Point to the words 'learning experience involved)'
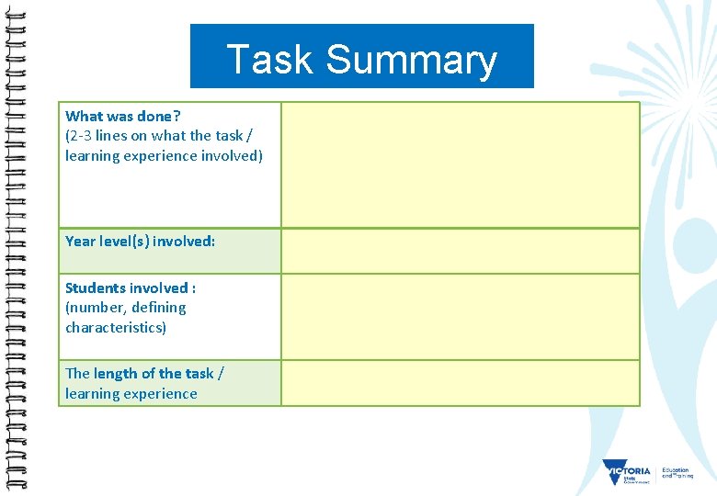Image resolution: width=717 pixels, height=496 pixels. click(164, 156)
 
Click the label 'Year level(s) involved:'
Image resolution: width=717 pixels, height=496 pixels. click(140, 242)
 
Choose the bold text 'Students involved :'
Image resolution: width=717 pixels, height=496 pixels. click(130, 287)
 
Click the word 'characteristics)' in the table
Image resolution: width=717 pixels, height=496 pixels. click(116, 328)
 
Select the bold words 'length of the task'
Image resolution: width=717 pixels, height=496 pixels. click(153, 374)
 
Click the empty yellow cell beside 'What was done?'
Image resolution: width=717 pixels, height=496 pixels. click(460, 164)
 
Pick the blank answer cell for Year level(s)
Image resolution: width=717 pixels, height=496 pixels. click(460, 251)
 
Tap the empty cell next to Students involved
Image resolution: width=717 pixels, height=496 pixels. click(460, 317)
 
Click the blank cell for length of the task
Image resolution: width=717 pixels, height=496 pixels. click(460, 383)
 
